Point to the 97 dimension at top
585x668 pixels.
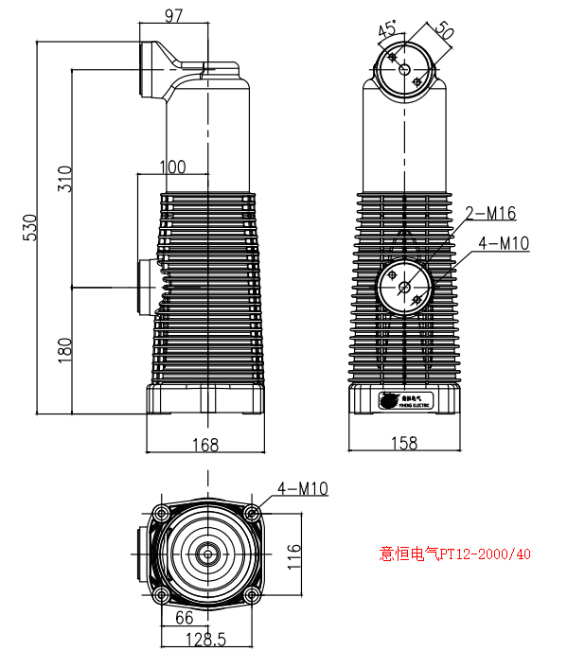(173, 16)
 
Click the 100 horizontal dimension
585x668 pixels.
(172, 167)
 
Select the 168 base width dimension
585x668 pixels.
(205, 444)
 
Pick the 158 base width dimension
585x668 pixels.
(404, 444)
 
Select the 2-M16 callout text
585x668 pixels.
(489, 213)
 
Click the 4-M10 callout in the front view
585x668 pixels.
(504, 243)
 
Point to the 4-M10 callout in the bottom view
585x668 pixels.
(302, 488)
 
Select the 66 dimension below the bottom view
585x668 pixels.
(185, 617)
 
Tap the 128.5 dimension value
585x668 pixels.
(205, 640)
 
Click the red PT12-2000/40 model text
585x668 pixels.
(454, 554)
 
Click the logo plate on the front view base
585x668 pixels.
(405, 400)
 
